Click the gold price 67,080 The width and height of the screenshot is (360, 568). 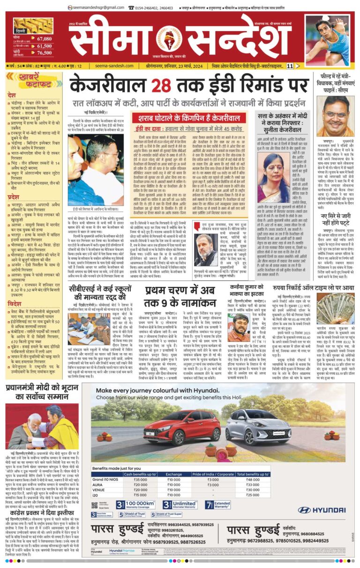point(44,39)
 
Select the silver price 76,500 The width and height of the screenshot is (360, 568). point(44,53)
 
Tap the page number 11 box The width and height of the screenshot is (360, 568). point(291,66)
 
